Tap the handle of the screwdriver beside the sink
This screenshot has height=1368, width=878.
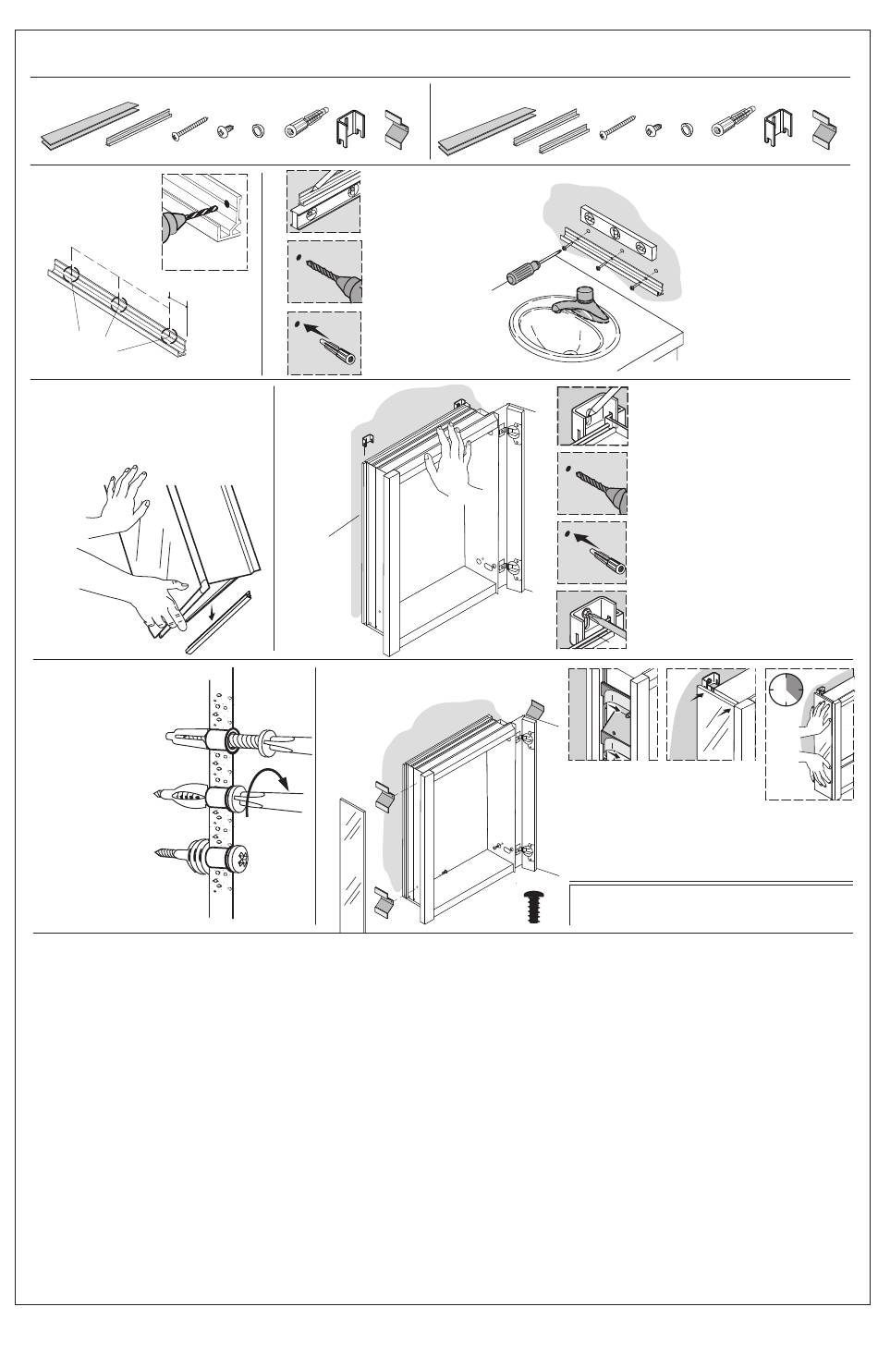[524, 275]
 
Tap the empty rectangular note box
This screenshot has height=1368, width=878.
[710, 903]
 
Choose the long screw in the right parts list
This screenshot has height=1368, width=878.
[617, 128]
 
